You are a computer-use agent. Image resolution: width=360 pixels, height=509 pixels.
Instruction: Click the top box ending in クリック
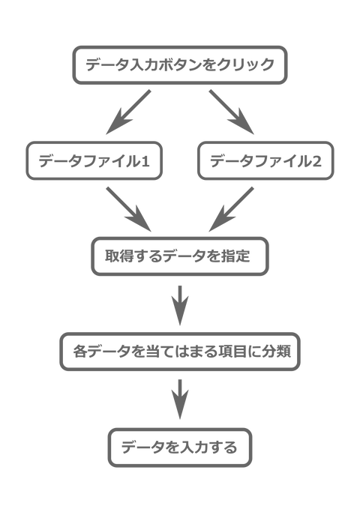pos(179,66)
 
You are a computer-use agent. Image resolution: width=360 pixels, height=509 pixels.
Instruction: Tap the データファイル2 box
pos(265,160)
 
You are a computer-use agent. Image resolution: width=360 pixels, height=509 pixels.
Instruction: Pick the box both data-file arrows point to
pos(179,256)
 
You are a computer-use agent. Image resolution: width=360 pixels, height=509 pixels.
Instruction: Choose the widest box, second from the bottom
pos(179,351)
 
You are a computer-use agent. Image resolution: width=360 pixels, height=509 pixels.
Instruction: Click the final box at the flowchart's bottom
pos(179,448)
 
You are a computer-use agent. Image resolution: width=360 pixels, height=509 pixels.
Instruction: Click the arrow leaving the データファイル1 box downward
pos(127,208)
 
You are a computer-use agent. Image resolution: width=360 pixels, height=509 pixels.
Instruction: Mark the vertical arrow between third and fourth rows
pos(179,304)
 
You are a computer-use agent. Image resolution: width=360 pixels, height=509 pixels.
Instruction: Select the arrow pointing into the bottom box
pos(179,399)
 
